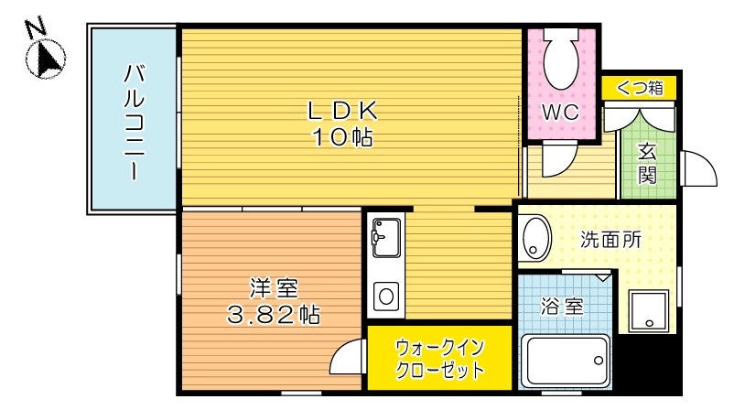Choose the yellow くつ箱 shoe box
[639, 88]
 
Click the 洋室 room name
[272, 289]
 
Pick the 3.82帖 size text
[272, 316]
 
